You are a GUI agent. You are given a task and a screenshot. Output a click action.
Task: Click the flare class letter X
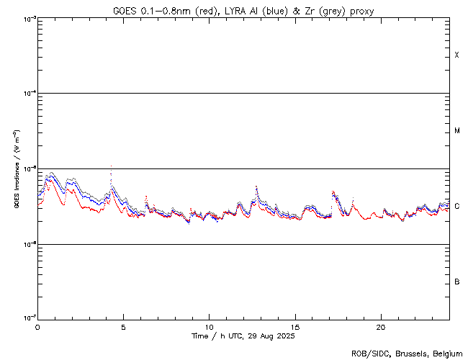point(457,55)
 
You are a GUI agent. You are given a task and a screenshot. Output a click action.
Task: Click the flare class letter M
point(457,131)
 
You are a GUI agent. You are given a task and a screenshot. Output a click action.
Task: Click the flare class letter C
point(457,207)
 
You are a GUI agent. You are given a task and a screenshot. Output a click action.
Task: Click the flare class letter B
point(457,282)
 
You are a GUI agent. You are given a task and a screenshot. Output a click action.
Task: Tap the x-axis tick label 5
point(123,327)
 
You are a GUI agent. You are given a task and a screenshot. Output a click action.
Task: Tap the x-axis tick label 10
point(209,327)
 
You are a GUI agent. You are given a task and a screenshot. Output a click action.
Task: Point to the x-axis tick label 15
point(295,327)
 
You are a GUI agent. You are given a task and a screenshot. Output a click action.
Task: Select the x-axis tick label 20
point(381,327)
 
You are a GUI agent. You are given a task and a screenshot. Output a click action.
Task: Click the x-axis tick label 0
point(37,327)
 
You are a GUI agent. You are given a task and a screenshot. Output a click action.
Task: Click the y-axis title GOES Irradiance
point(16,169)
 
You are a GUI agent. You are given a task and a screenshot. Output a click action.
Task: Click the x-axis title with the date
point(243,336)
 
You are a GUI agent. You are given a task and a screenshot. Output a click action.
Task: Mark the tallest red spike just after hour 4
point(111,166)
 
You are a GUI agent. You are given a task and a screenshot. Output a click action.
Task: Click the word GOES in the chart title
point(124,11)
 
